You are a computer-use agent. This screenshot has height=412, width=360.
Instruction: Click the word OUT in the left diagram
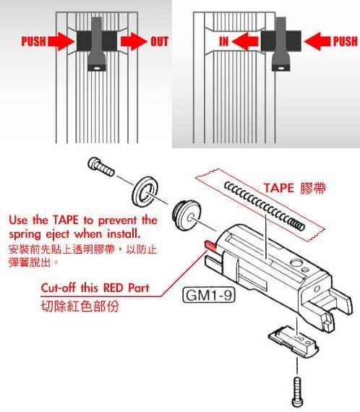(159, 41)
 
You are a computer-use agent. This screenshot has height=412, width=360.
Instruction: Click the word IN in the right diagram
(224, 41)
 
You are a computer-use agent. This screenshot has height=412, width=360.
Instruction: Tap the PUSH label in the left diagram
(33, 41)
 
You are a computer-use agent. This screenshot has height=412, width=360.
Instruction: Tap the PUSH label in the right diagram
(346, 41)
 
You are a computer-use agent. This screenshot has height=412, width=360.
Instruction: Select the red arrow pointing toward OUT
(134, 41)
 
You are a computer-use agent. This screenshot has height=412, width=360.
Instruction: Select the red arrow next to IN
(245, 41)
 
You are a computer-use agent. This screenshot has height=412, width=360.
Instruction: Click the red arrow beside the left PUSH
(61, 41)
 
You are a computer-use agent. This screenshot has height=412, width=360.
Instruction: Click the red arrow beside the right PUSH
(317, 41)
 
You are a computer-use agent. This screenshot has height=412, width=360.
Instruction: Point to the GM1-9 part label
(209, 295)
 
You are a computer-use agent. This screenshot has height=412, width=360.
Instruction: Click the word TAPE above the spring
(278, 188)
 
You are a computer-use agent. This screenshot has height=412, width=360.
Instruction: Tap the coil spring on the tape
(264, 207)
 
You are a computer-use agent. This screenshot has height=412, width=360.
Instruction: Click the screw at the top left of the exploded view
(101, 166)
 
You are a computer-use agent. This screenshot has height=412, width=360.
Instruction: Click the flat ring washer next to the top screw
(145, 192)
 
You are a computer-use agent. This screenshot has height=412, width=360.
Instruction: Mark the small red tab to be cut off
(210, 246)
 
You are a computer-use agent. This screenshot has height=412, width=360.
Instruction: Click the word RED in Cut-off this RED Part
(111, 288)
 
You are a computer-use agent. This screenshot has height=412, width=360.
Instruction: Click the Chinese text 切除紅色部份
(80, 306)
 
